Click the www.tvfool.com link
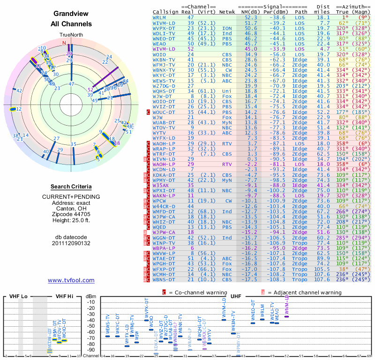tap(71, 280)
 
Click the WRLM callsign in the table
tap(159, 17)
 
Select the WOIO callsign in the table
tap(159, 55)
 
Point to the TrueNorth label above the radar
tap(71, 35)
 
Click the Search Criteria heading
tap(71, 187)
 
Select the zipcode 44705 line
tap(71, 215)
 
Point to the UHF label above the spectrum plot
tap(237, 297)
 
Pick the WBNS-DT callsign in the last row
tap(163, 279)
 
